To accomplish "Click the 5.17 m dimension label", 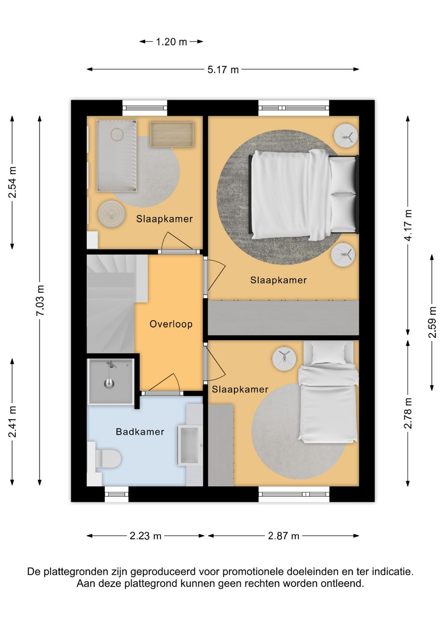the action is click(223, 69).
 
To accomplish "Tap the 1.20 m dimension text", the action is click(171, 42).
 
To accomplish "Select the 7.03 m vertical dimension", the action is click(40, 300).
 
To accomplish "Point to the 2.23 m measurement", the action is click(146, 536).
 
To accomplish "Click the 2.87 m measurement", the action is click(284, 536).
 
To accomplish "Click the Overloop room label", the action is click(171, 324).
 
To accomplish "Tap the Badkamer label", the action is click(140, 431).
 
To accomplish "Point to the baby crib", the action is click(117, 156).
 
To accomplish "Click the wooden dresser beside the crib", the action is click(172, 134).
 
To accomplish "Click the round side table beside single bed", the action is click(284, 358).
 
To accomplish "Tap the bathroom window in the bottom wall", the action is click(116, 494).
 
